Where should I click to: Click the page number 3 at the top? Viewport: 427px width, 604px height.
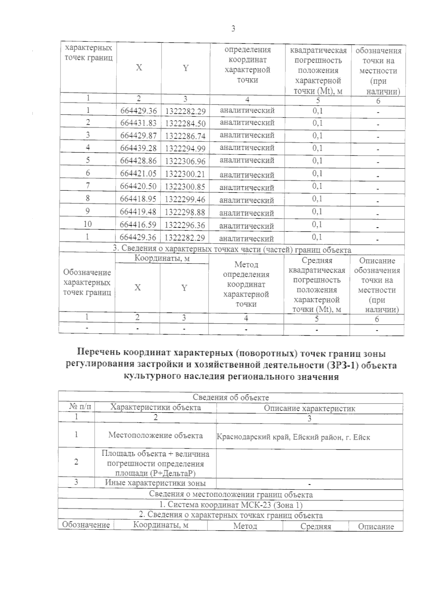[x=233, y=29]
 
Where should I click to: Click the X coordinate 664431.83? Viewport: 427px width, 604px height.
[x=138, y=123]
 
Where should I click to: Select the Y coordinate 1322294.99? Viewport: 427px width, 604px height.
[x=185, y=149]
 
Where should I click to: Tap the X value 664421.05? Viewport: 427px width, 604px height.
[x=138, y=173]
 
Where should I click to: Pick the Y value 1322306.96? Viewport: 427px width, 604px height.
[x=185, y=161]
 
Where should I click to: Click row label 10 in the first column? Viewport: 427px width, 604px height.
[x=88, y=224]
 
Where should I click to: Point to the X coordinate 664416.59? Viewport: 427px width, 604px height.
[x=138, y=225]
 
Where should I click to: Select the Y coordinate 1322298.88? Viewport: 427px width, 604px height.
[x=185, y=212]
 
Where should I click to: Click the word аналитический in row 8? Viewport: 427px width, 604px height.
[x=247, y=200]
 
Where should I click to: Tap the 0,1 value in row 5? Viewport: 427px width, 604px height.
[x=317, y=161]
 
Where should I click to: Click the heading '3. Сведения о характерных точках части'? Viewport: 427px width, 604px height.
[x=232, y=250]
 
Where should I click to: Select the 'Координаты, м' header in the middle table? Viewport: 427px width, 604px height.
[x=162, y=258]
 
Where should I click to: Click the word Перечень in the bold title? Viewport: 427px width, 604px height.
[x=99, y=354]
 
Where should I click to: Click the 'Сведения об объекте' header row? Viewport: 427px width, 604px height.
[x=231, y=397]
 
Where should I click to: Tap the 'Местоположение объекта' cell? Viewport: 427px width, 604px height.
[x=155, y=435]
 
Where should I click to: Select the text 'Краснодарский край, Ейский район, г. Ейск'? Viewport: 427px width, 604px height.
[x=293, y=437]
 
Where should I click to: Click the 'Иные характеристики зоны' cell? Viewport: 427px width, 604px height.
[x=155, y=483]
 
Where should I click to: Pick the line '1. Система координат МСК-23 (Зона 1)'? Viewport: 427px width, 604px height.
[x=231, y=505]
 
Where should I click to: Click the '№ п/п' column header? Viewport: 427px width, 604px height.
[x=77, y=407]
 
